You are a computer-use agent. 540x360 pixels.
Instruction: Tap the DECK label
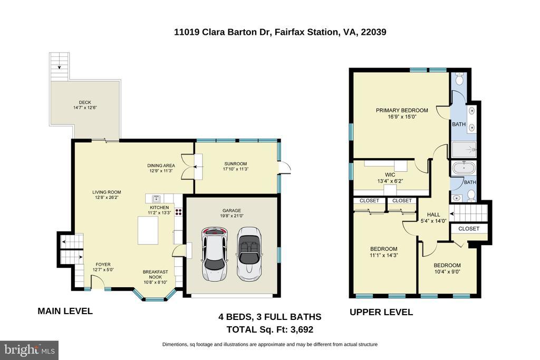click(x=85, y=102)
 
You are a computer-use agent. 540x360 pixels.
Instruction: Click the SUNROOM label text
click(x=236, y=164)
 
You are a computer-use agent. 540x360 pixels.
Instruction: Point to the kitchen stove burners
click(x=178, y=212)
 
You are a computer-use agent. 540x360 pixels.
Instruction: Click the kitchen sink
click(x=156, y=199)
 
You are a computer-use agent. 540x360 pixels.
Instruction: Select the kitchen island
click(x=148, y=230)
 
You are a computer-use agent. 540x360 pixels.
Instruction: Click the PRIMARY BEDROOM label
click(x=402, y=111)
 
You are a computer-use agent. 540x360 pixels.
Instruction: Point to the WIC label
click(x=390, y=175)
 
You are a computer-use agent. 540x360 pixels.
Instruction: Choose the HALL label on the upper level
click(x=433, y=215)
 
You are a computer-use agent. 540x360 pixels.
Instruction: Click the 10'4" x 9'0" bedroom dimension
click(x=447, y=271)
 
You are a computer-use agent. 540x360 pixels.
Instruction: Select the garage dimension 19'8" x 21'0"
click(x=232, y=216)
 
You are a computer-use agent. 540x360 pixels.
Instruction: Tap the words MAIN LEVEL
click(x=65, y=311)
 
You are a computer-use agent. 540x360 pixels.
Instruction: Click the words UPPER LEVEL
click(x=381, y=312)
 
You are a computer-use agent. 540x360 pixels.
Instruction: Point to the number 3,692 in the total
click(x=302, y=330)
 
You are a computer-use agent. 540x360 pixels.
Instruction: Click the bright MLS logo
click(x=30, y=351)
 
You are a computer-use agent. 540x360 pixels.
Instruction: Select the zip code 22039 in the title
click(x=373, y=32)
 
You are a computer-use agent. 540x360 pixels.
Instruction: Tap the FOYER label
click(x=103, y=265)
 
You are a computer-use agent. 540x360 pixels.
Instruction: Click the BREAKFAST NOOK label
click(x=156, y=274)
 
